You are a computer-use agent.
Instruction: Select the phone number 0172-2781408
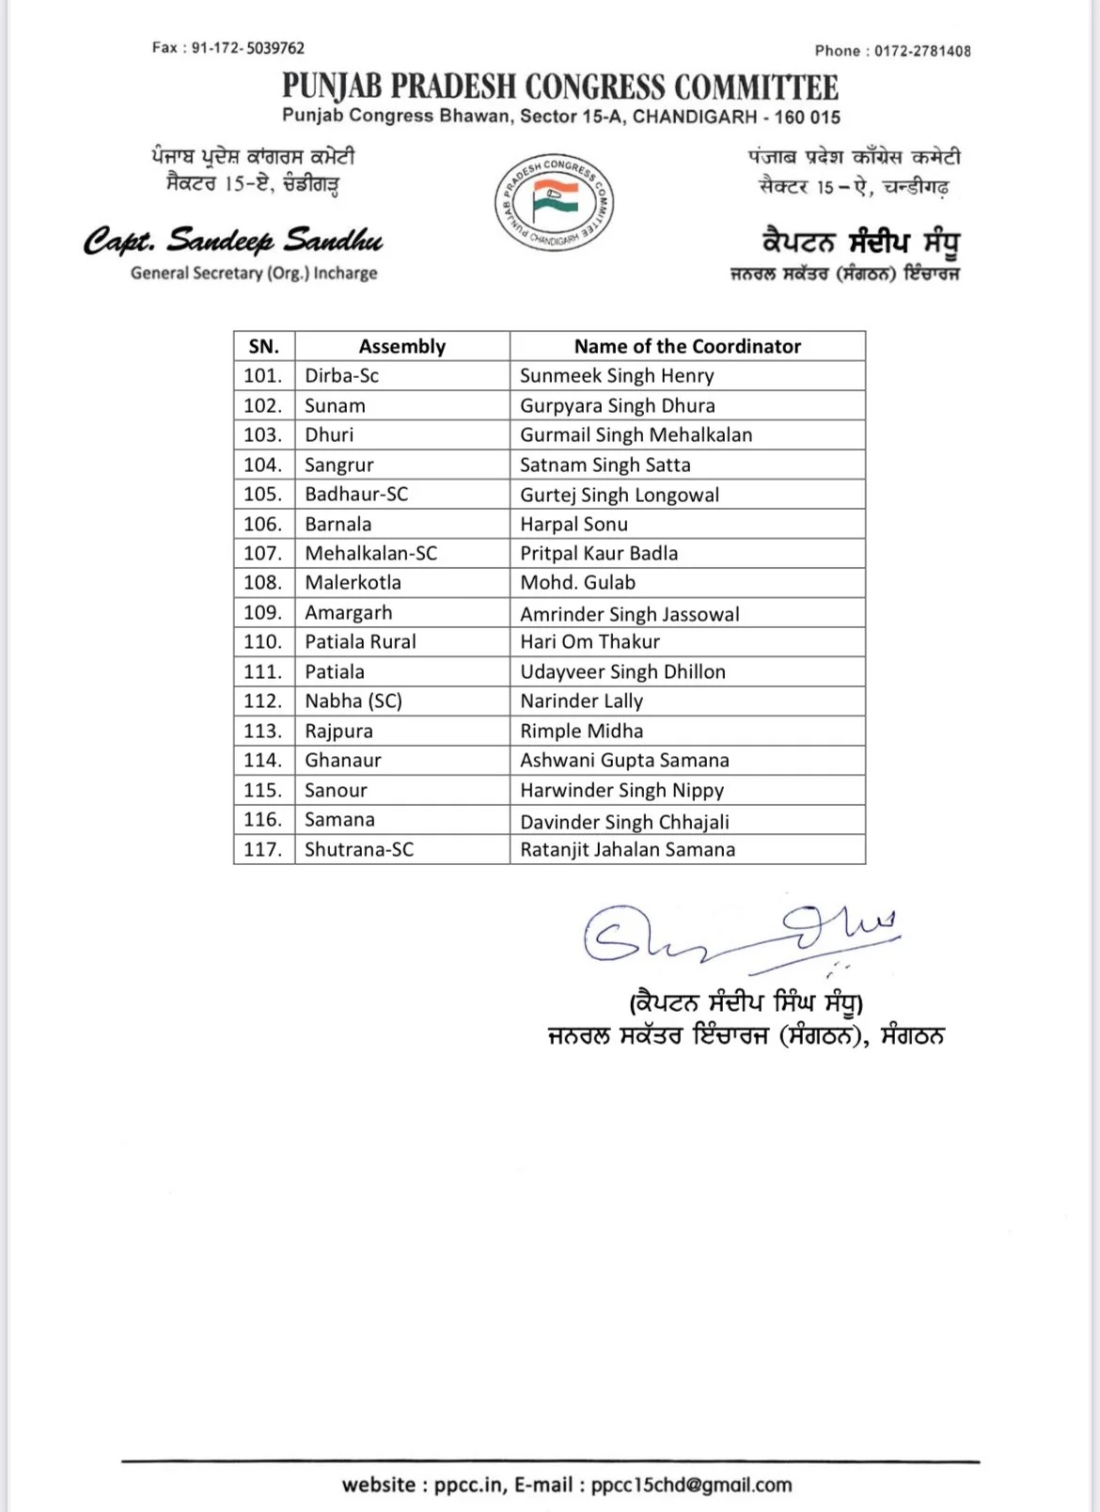click(921, 51)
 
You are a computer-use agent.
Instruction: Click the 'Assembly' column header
click(401, 346)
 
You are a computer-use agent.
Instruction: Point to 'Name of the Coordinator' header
click(687, 346)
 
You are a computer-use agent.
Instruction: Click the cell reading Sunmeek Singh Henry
click(617, 376)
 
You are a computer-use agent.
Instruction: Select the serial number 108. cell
click(263, 583)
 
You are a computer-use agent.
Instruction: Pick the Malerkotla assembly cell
click(353, 583)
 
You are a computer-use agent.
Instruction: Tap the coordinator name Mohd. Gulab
click(577, 583)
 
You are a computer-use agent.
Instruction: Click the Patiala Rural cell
click(360, 642)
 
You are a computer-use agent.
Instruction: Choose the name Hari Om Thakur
click(589, 642)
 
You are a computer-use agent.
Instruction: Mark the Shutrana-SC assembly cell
click(358, 850)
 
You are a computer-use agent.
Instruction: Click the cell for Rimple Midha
click(581, 732)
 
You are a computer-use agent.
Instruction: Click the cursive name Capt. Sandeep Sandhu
click(233, 242)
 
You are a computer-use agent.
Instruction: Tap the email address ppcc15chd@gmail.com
click(691, 1485)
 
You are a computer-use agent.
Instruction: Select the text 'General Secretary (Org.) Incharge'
click(254, 274)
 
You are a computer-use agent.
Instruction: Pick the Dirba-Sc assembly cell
click(341, 376)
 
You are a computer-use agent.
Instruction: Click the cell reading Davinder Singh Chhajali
click(624, 822)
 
